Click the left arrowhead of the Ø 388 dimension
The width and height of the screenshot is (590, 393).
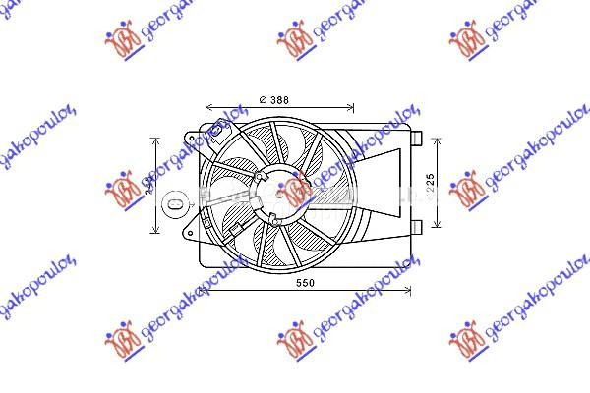tap(207, 107)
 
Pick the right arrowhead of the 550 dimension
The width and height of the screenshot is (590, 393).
tap(408, 292)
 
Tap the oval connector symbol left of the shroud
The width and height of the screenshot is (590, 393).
tap(174, 204)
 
